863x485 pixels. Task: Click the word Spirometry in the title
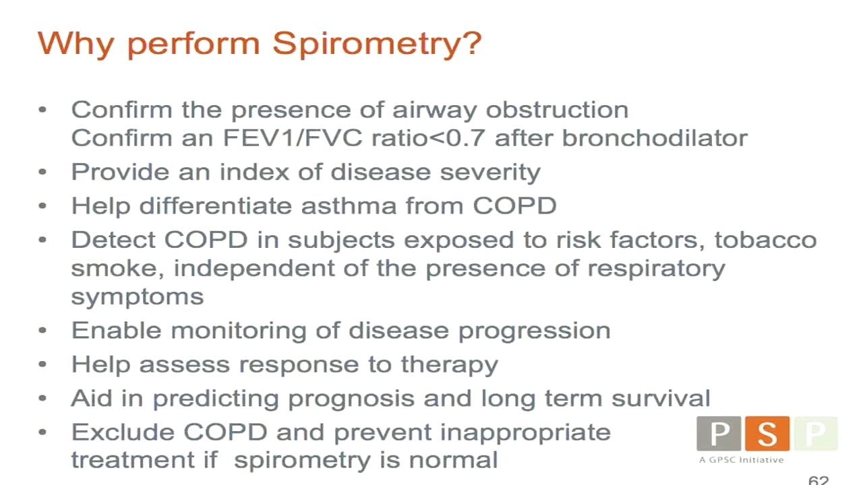point(377,44)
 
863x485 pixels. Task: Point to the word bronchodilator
point(655,138)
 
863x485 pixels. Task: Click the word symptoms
point(138,297)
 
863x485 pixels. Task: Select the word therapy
point(450,364)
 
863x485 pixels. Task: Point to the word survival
point(661,398)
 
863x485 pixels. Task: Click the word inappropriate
point(526,432)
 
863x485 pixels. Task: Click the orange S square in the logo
point(767,433)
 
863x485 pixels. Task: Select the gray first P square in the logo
point(719,433)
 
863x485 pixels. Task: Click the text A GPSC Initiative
point(741,460)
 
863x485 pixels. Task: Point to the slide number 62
point(818,480)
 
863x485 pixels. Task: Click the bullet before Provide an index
point(43,172)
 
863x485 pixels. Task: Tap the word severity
point(490,172)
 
